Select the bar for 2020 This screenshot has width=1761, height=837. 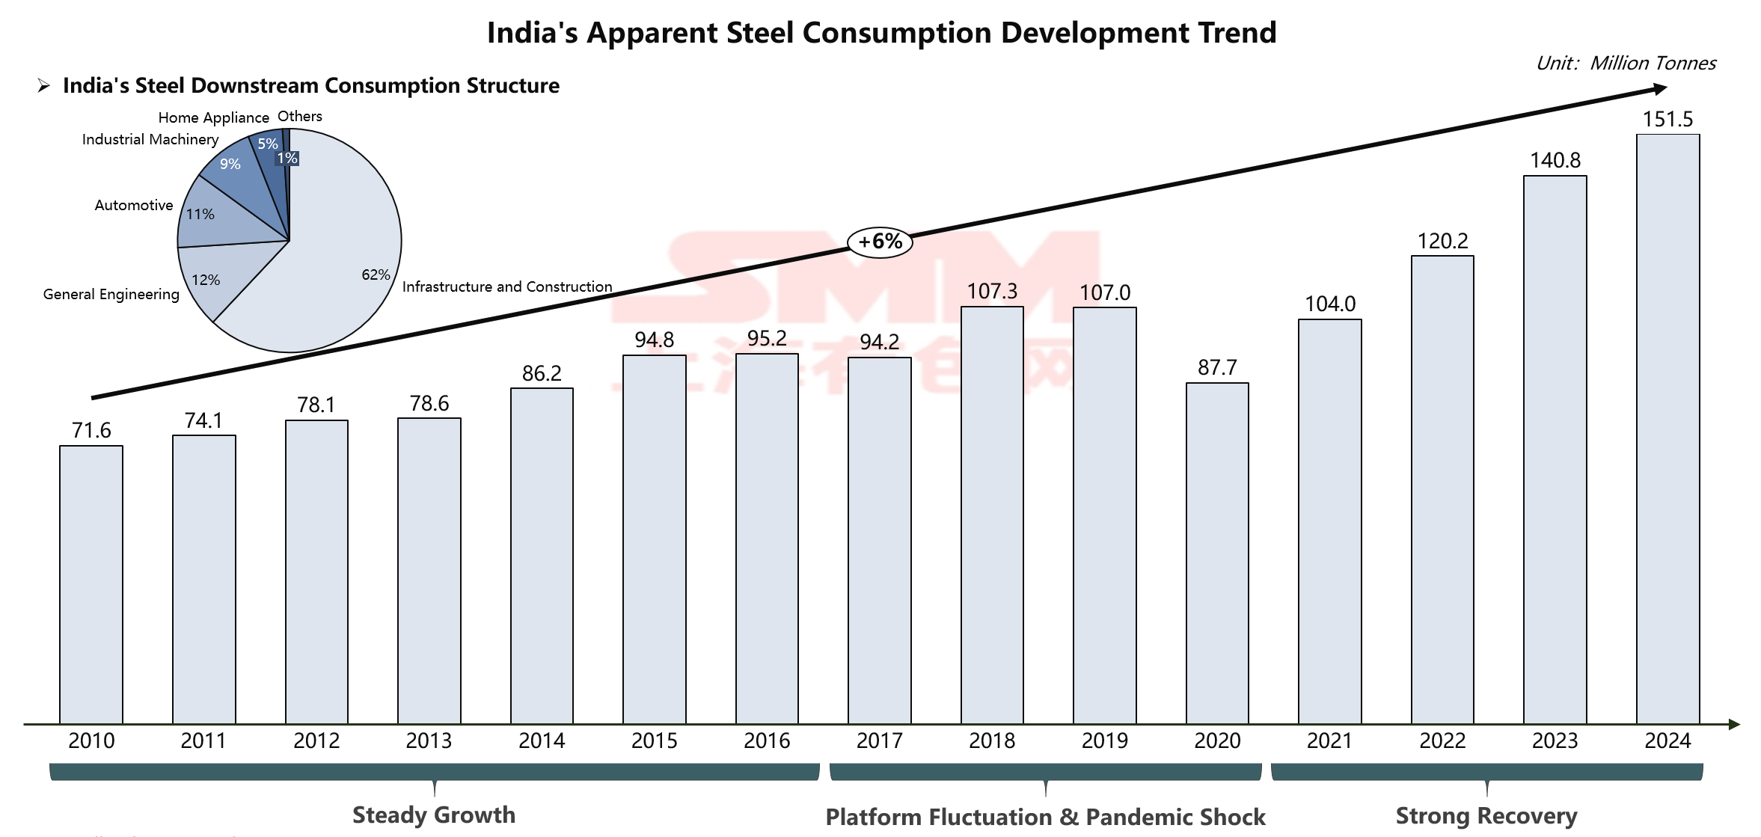1217,553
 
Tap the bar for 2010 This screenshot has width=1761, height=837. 91,584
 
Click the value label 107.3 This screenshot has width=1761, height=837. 992,291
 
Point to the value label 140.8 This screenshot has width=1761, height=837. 1555,160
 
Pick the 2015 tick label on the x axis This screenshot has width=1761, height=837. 654,741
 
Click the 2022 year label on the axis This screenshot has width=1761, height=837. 1442,741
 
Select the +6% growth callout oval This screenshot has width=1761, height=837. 880,242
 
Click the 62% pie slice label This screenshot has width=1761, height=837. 376,275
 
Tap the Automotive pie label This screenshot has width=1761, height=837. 134,205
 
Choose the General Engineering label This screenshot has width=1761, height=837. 111,294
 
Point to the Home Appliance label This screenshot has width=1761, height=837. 213,117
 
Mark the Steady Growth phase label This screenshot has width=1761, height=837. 434,815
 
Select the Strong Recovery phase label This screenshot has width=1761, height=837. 1486,815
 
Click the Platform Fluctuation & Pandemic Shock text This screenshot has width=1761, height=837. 1045,817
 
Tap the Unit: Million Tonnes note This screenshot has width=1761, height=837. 1626,63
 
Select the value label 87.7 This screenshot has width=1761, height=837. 1217,367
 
